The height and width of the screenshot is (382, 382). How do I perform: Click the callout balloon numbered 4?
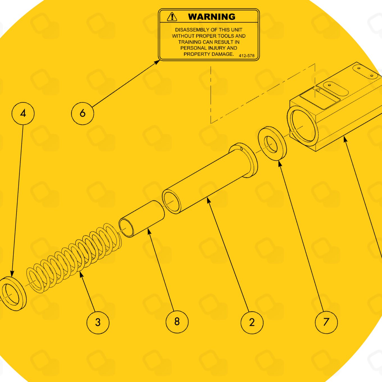pyautogui.click(x=23, y=113)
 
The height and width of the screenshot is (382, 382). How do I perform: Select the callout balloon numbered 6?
pyautogui.click(x=83, y=113)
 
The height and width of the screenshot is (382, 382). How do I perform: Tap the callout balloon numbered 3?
pyautogui.click(x=98, y=322)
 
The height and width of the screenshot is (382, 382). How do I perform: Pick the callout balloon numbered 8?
pyautogui.click(x=177, y=322)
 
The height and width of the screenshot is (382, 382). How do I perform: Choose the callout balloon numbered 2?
pyautogui.click(x=252, y=322)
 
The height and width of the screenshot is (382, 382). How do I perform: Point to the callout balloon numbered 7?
pyautogui.click(x=326, y=322)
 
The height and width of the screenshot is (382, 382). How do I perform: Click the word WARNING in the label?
pyautogui.click(x=212, y=17)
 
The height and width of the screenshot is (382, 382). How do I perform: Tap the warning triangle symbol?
pyautogui.click(x=172, y=17)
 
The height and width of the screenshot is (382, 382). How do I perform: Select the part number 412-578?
pyautogui.click(x=247, y=56)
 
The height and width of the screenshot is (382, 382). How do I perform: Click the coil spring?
pyautogui.click(x=74, y=258)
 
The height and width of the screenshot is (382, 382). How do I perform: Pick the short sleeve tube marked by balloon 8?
pyautogui.click(x=142, y=219)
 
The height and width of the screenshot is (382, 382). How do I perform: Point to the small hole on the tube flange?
pyautogui.click(x=241, y=149)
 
